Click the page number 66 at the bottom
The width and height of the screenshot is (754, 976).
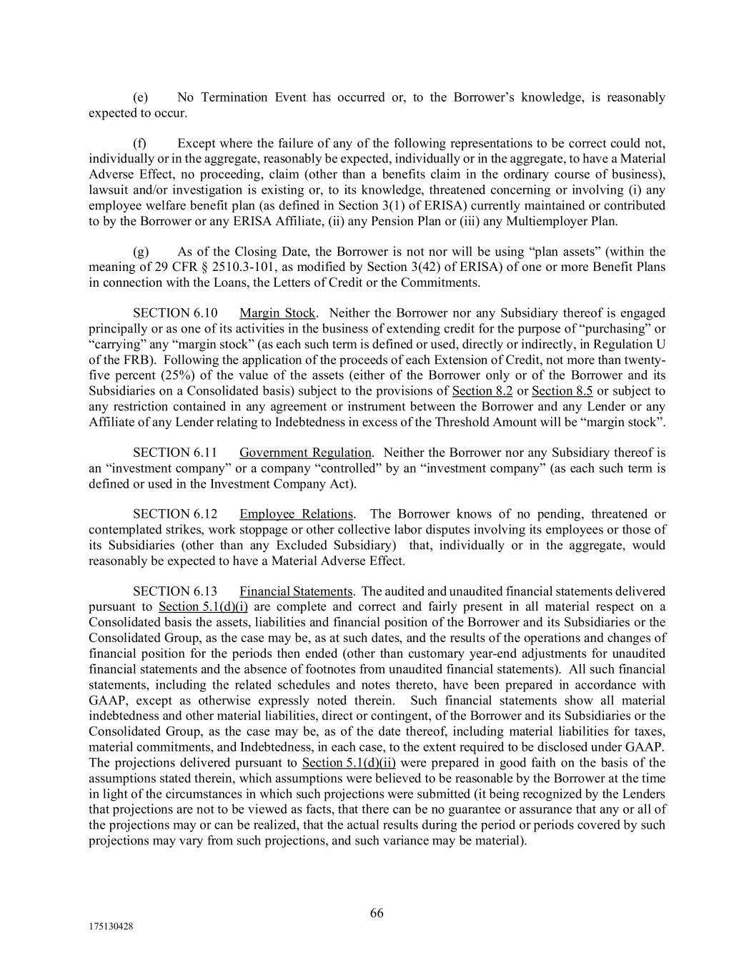pyautogui.click(x=377, y=913)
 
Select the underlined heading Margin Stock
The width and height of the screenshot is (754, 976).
pyautogui.click(x=277, y=313)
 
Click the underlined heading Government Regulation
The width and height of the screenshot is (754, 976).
pyautogui.click(x=305, y=453)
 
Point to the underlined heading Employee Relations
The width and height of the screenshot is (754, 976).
pyautogui.click(x=296, y=514)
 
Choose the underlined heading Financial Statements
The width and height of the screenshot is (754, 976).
pyautogui.click(x=296, y=591)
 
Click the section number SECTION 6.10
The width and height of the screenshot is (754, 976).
pyautogui.click(x=175, y=313)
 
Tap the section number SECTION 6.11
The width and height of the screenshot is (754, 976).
pyautogui.click(x=175, y=453)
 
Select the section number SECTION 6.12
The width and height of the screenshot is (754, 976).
pyautogui.click(x=175, y=514)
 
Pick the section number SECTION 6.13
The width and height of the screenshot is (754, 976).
pyautogui.click(x=175, y=591)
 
